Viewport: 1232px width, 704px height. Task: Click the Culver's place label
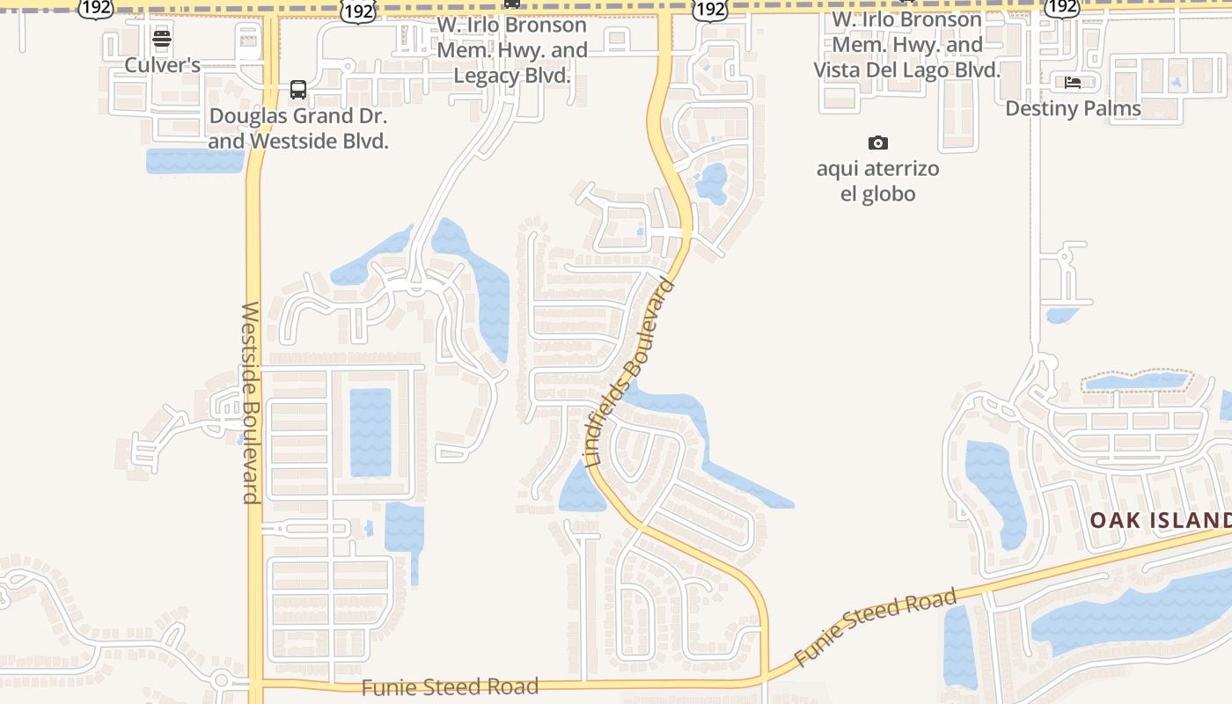pos(163,65)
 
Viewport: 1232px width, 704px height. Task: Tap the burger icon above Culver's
pos(161,39)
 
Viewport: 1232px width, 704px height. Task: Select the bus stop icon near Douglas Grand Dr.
pos(298,90)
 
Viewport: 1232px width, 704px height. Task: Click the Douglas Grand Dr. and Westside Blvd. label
pos(298,128)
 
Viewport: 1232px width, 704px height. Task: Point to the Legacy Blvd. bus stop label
pos(512,50)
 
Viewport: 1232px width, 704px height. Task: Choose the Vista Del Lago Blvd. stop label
pos(906,45)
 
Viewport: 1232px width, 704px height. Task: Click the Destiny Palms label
pos(1073,108)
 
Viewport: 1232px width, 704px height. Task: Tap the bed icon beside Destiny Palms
pos(1073,83)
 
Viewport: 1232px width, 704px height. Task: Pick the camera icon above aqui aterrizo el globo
pos(877,143)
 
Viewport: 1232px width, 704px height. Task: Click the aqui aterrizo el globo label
pos(877,181)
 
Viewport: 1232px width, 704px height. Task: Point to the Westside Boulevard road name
pos(251,402)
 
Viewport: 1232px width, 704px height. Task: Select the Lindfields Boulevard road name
pos(631,373)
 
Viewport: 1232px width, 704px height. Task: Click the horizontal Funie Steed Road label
pos(450,686)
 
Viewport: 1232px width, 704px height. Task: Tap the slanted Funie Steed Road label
pos(875,627)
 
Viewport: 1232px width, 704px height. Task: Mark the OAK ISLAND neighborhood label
pos(1160,520)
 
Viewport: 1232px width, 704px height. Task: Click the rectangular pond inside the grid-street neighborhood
pos(370,431)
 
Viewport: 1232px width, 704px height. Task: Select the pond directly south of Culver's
pos(194,161)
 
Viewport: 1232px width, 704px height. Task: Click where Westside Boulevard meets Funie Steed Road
pos(255,683)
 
